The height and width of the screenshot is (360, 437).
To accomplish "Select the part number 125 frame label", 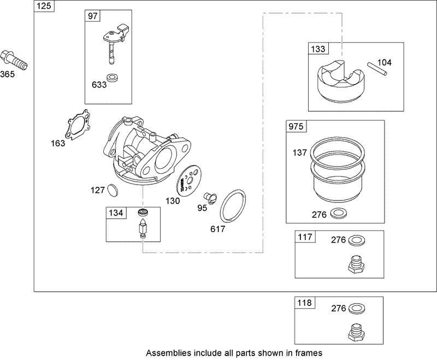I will (x=43, y=6).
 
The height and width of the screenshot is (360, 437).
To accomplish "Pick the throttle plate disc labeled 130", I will (x=190, y=180).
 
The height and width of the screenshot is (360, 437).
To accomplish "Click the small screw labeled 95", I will (x=209, y=196).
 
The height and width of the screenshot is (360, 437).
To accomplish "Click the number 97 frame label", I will (x=93, y=16).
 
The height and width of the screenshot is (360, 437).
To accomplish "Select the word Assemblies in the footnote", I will (x=167, y=352).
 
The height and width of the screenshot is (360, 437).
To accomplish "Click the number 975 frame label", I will (x=296, y=127).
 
